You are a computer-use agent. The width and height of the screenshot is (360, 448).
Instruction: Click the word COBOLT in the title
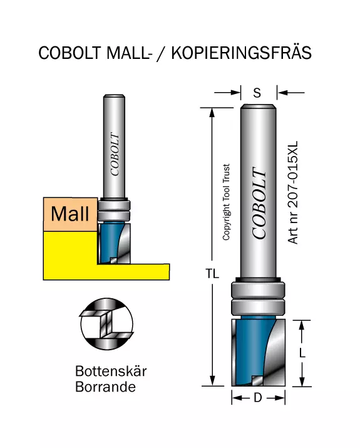70,53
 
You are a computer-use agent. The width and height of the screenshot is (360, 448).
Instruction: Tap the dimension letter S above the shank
257,93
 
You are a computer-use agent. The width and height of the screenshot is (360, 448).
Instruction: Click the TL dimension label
212,274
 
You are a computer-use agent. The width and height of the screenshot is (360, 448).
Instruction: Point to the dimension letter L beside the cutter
302,353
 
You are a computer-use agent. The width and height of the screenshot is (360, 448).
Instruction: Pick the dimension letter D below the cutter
258,397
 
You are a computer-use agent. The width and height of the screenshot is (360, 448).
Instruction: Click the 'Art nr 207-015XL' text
293,192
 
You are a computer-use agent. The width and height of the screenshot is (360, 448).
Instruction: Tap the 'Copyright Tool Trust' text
226,202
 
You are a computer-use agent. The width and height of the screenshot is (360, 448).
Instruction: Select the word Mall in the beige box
70,214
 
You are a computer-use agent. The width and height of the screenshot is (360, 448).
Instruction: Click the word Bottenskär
111,371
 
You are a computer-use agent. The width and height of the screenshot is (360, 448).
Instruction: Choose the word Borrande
105,387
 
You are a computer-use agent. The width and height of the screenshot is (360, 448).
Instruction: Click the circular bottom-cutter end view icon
107,324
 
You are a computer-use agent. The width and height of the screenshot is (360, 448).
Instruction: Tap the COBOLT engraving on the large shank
259,202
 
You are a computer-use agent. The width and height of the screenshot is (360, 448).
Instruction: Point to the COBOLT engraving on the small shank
115,154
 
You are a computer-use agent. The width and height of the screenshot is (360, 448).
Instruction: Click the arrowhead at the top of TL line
212,113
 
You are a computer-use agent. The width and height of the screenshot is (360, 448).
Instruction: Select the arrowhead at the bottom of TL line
212,381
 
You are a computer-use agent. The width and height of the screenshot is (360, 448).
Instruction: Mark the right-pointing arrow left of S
227,93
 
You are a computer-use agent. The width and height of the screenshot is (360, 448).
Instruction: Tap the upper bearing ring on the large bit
258,290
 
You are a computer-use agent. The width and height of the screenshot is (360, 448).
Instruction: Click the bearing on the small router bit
114,210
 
